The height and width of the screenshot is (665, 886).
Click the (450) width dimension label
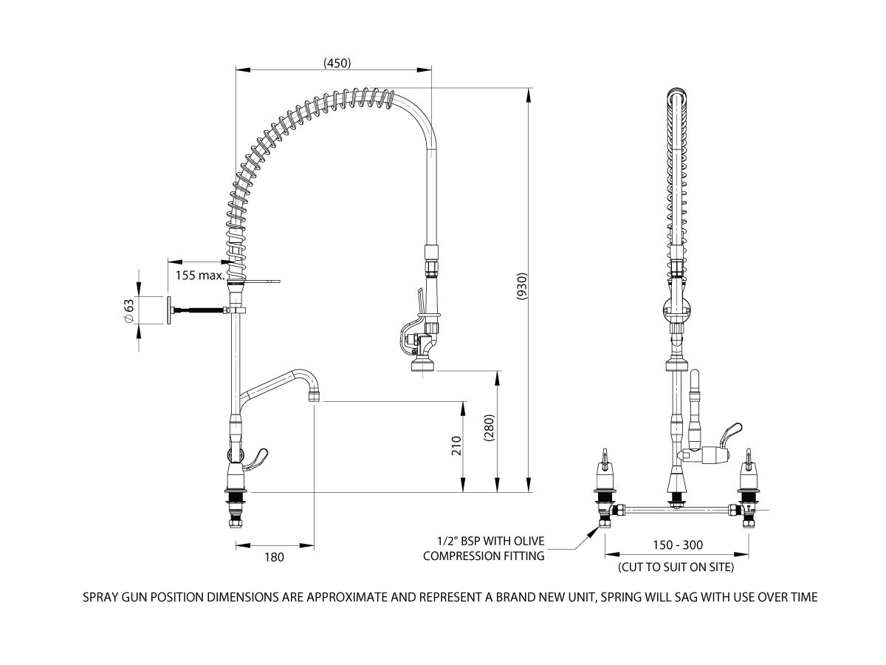click(336, 63)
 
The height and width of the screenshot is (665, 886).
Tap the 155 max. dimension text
click(200, 276)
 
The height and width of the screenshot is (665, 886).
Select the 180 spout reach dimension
click(273, 557)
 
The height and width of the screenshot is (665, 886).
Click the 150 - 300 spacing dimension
click(678, 545)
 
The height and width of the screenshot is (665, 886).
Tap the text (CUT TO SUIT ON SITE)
click(676, 567)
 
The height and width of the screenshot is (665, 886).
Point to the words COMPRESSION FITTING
click(484, 556)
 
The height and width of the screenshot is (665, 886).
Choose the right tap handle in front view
click(749, 461)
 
